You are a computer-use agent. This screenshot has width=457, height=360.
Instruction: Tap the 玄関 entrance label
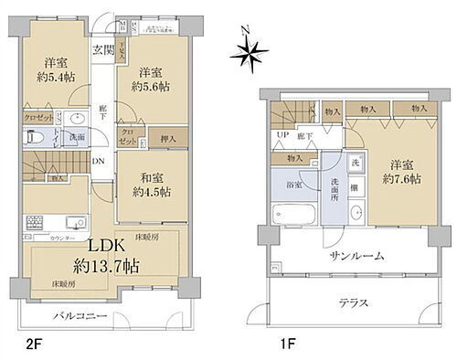point(102,50)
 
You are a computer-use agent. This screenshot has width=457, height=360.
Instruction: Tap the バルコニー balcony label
point(83,315)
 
